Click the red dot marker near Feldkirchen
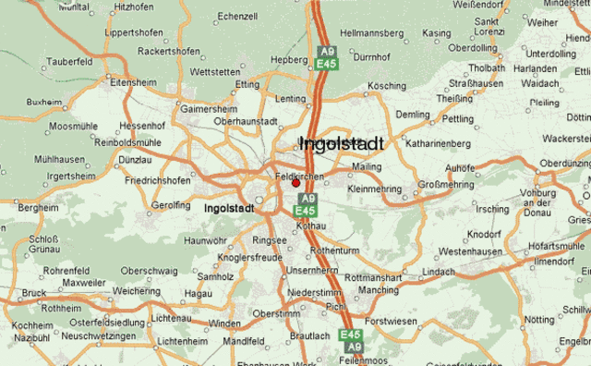tap(295, 183)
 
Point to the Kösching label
tap(387, 86)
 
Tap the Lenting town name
tap(291, 98)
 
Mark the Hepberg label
tap(288, 59)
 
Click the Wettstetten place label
tap(214, 71)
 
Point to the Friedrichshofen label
tap(158, 180)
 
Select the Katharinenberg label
tap(439, 143)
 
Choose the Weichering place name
tap(136, 290)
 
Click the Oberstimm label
tap(276, 313)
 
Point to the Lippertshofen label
tap(134, 32)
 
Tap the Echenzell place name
tap(238, 17)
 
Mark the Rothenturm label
tap(335, 250)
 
